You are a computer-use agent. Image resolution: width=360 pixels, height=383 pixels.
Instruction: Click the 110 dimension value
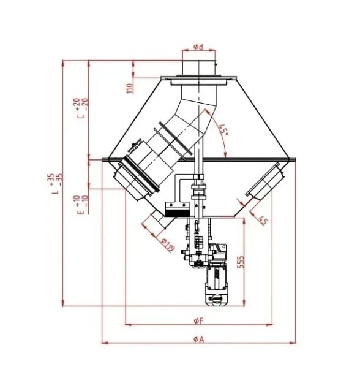tap(130, 88)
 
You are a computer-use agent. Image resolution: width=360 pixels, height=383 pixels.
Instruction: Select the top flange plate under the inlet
tap(198, 78)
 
